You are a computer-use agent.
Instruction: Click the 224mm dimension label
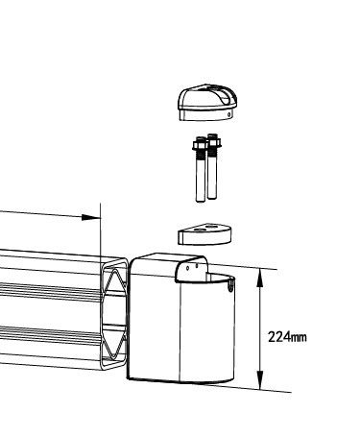pyautogui.click(x=287, y=337)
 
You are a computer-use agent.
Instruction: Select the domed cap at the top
pyautogui.click(x=207, y=103)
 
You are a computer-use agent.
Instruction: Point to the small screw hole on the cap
pyautogui.click(x=229, y=114)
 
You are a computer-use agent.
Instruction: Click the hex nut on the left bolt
pyautogui.click(x=200, y=146)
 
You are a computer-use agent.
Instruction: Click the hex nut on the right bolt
pyautogui.click(x=213, y=142)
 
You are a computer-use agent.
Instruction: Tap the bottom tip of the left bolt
pyautogui.click(x=201, y=203)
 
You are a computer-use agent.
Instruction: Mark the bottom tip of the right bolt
pyautogui.click(x=212, y=199)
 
